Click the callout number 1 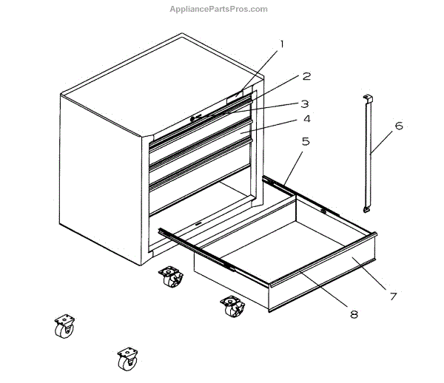tap(281, 44)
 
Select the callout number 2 tap(306, 76)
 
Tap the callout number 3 tap(304, 104)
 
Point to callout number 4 tap(306, 118)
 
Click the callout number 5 tap(306, 140)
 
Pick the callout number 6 tap(398, 126)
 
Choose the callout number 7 tap(393, 296)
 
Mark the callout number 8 tap(354, 313)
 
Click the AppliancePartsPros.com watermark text tap(218, 9)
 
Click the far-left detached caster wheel tap(64, 325)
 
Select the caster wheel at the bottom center tap(127, 359)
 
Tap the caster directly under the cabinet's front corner tap(170, 279)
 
